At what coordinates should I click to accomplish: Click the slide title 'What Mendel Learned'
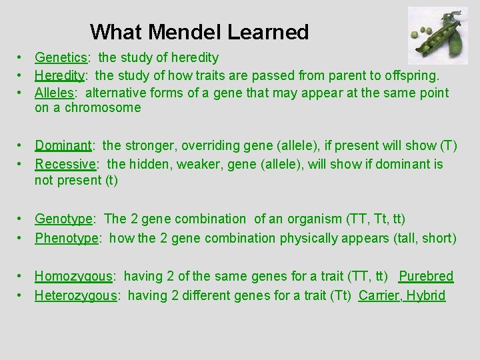click(x=199, y=32)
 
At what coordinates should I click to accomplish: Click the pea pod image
click(x=438, y=35)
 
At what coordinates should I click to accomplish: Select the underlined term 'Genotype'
click(x=64, y=219)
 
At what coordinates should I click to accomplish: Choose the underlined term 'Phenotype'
click(x=67, y=238)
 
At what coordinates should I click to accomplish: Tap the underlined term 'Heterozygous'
click(x=76, y=295)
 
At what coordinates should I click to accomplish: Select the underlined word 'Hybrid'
click(x=425, y=295)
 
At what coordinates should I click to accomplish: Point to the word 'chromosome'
click(x=103, y=108)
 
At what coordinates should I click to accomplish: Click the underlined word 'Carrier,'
click(x=379, y=295)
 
